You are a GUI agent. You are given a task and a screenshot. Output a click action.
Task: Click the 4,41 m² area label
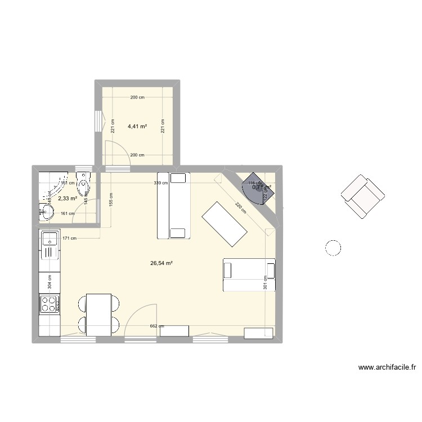coord(137,127)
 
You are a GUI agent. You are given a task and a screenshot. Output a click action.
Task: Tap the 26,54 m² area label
coord(161,263)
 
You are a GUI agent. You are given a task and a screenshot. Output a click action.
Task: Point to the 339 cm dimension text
coord(160,183)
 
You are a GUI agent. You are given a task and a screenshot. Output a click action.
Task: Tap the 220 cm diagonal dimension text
coord(241,208)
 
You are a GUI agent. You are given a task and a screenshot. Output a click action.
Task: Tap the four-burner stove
coord(49,304)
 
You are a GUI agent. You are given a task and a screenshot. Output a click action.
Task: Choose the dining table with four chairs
coord(99,315)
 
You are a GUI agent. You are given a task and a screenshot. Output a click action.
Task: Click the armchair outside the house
coord(362,195)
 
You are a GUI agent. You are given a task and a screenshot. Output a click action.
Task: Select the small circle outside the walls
coord(333,247)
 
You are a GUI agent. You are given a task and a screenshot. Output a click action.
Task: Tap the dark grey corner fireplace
coord(258,186)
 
